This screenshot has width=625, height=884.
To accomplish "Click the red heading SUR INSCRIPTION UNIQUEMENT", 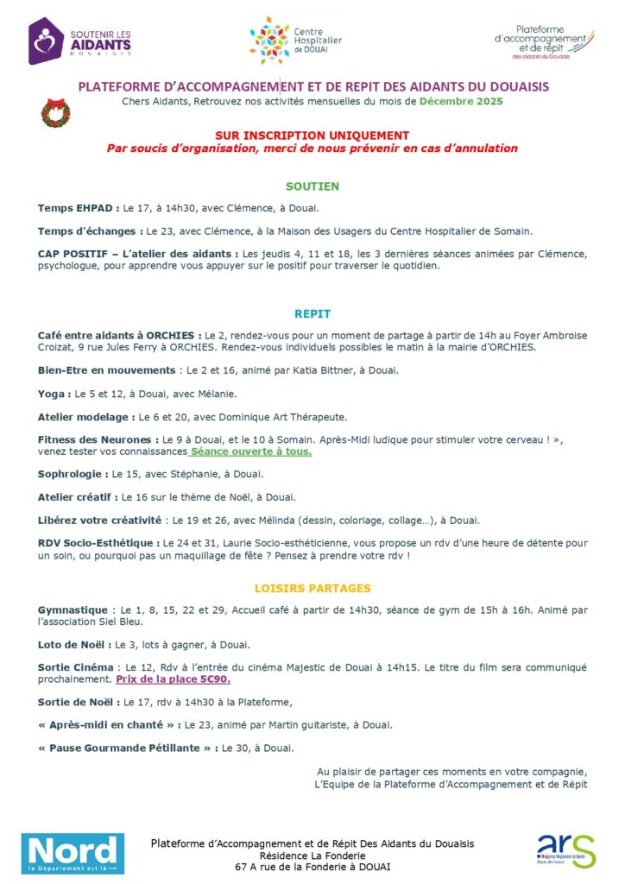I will [312, 136].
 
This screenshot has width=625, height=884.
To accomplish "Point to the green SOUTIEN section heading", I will [312, 186].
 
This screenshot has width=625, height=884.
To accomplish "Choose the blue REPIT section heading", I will [312, 314].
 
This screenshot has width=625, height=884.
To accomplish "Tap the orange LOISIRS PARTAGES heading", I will [312, 589].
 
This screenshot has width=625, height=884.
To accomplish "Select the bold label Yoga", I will [54, 394].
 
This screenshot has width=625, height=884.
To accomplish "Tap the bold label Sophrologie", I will [73, 474].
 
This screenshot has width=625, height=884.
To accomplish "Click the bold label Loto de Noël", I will [73, 645].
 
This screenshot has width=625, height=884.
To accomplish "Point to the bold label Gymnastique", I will [73, 610].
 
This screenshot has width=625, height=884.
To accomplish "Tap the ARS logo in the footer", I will [565, 850].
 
